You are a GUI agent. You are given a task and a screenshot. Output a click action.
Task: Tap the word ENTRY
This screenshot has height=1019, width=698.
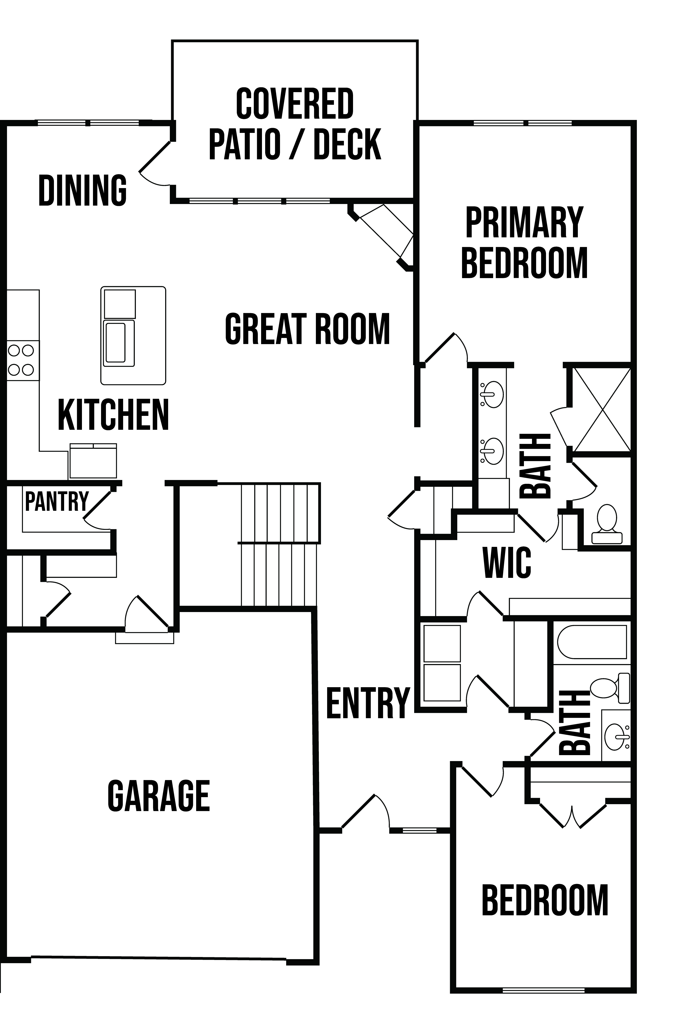coord(368,702)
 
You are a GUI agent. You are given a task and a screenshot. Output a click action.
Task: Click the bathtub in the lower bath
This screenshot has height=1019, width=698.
coord(592,642)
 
